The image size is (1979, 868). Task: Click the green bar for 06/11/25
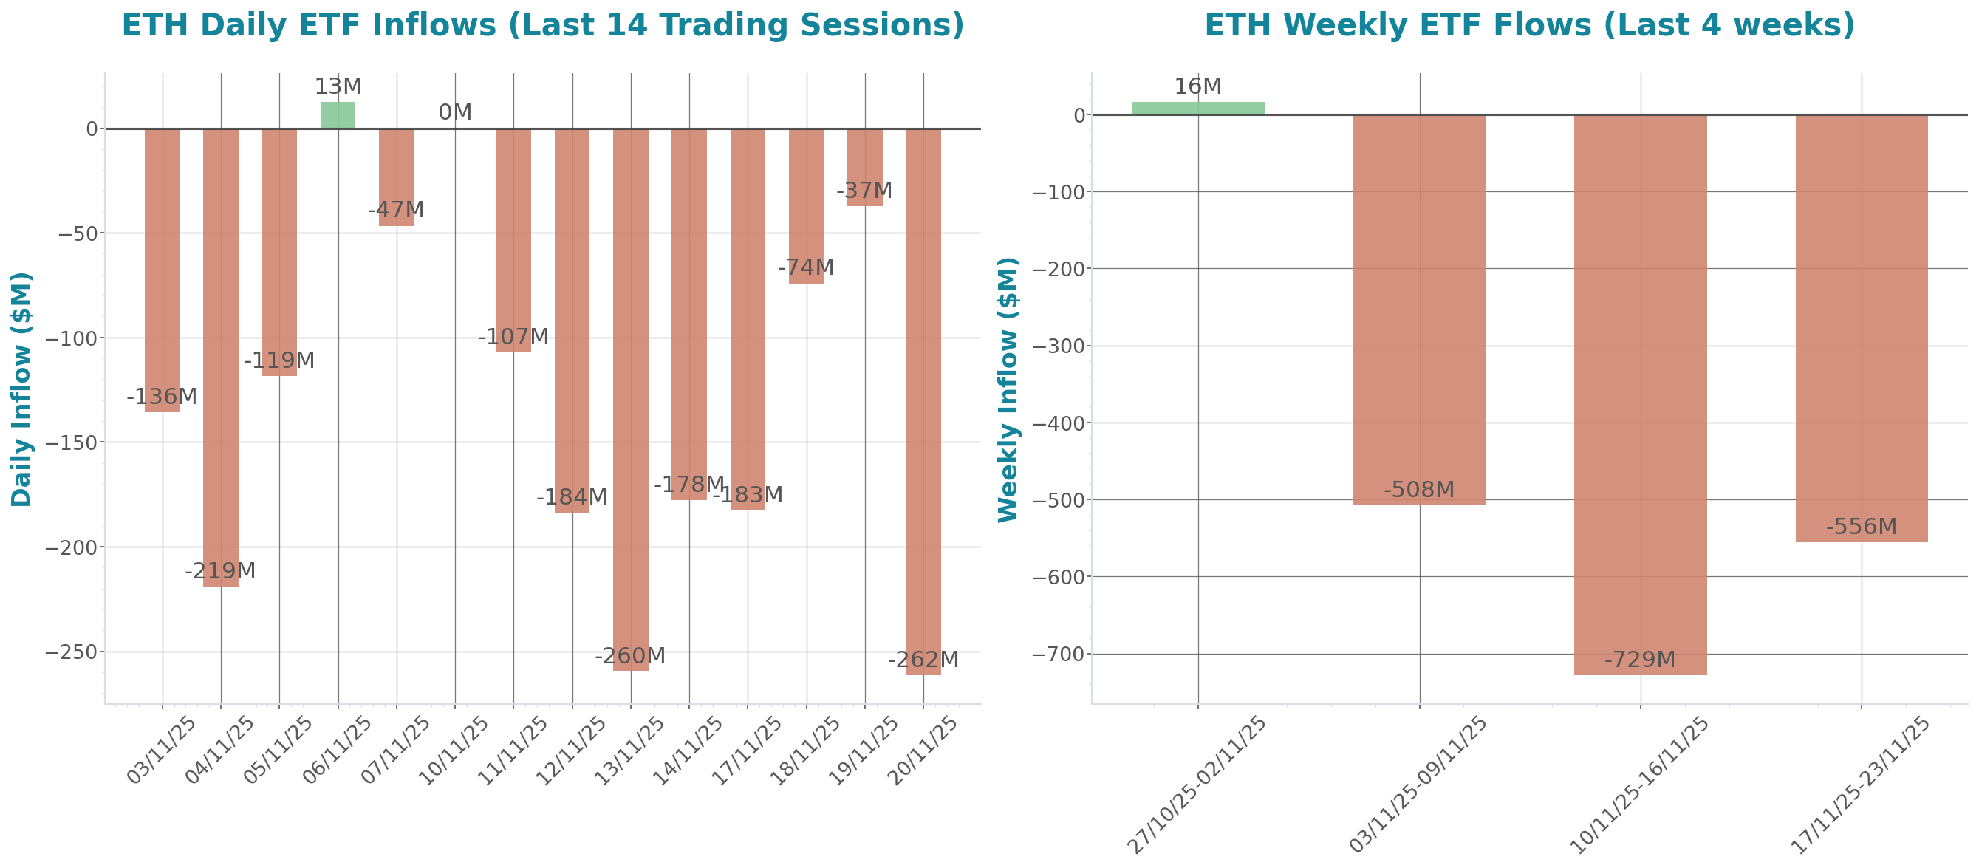[338, 115]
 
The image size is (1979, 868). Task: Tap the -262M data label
[923, 660]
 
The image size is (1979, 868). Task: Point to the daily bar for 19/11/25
[864, 167]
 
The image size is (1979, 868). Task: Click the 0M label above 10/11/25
[455, 112]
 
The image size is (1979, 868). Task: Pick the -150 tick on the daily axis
[75, 443]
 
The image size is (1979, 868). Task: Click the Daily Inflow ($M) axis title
[21, 389]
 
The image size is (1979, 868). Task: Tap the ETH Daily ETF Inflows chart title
[542, 24]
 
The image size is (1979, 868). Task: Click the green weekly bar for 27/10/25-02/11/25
[1197, 109]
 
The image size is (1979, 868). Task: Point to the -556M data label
[1861, 527]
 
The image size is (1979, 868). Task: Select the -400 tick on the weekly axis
[1059, 423]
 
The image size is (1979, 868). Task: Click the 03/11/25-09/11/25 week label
[1418, 784]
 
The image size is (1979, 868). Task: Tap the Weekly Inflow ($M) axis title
[1008, 389]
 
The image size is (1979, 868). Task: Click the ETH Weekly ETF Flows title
[1529, 24]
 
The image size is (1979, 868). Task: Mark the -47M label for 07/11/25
[396, 210]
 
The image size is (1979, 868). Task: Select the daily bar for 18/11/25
[806, 206]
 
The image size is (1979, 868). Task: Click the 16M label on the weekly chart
[1197, 87]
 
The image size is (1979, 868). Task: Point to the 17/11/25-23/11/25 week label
[1859, 784]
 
